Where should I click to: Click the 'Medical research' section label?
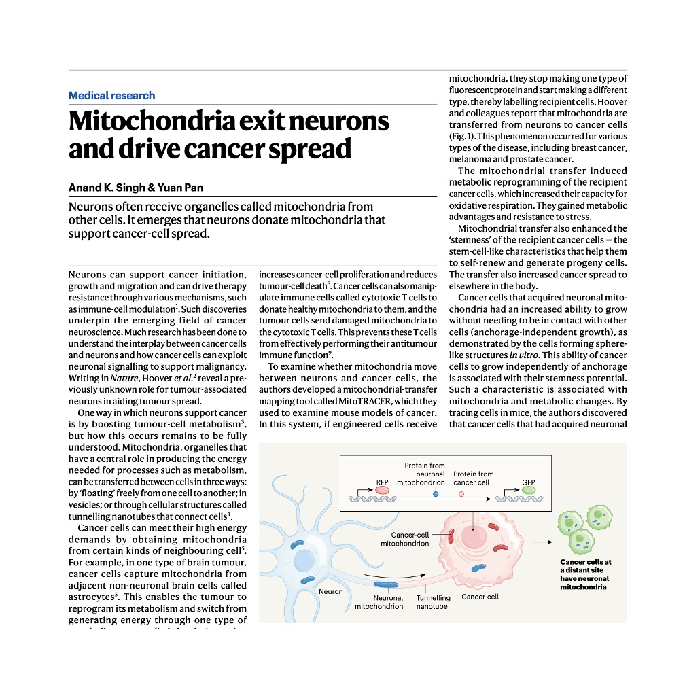[x=112, y=96]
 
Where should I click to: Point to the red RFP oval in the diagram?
[x=382, y=489]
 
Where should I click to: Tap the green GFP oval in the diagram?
[x=528, y=489]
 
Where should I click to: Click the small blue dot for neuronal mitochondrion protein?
[x=436, y=493]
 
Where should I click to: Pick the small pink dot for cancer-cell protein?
[x=461, y=493]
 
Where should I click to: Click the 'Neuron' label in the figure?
[x=331, y=591]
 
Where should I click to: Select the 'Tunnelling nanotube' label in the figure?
[x=433, y=602]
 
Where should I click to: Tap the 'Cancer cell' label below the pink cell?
[x=480, y=597]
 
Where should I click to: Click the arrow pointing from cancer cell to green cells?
[x=542, y=542]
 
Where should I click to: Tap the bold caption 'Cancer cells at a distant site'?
[x=585, y=566]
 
